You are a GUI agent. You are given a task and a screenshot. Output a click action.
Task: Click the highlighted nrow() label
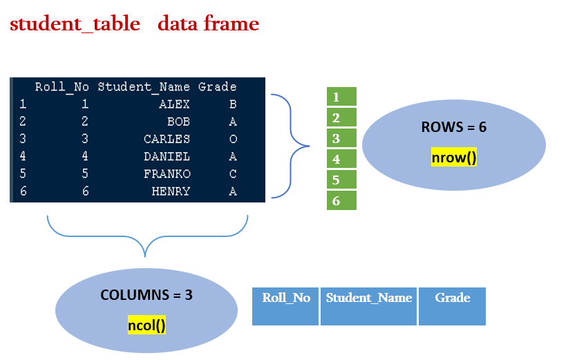click(x=453, y=158)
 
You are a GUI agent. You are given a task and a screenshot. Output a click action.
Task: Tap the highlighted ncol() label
click(x=146, y=324)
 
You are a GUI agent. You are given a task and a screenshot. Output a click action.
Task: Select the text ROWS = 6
click(x=453, y=128)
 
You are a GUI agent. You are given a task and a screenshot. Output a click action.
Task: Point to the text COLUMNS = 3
click(x=146, y=294)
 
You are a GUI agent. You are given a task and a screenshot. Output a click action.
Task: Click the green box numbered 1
click(x=341, y=97)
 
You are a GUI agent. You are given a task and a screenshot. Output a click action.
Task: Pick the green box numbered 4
click(x=341, y=159)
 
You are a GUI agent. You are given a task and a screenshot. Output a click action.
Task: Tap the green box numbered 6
click(x=341, y=200)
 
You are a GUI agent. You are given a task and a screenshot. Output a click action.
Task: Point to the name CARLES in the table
click(x=167, y=140)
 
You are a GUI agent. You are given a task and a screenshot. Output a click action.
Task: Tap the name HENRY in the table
click(x=171, y=191)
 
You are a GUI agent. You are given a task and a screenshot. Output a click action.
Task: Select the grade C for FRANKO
click(x=233, y=174)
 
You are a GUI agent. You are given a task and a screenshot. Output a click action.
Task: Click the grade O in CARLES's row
click(x=233, y=140)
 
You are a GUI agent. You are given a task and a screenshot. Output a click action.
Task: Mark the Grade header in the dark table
click(x=217, y=87)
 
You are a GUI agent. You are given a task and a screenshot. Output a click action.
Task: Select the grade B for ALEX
click(x=233, y=105)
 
